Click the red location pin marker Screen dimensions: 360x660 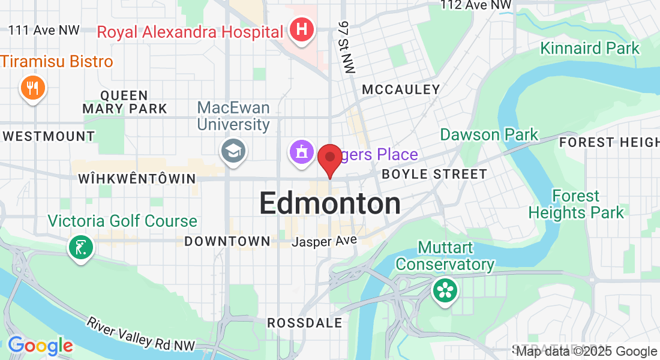click(329, 158)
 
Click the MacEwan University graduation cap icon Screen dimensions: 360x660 click(233, 151)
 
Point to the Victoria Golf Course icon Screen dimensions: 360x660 click(80, 247)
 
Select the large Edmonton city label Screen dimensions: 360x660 click(330, 204)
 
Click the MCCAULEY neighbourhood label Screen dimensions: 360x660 click(401, 90)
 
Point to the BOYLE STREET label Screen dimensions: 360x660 click(434, 175)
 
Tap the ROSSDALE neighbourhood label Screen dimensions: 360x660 click(305, 323)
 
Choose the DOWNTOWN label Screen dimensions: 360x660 click(227, 241)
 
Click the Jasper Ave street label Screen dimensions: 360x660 click(324, 241)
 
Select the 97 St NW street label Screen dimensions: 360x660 click(346, 47)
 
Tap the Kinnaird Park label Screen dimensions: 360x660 click(590, 48)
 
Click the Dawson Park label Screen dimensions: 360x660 click(489, 134)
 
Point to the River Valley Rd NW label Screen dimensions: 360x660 click(141, 333)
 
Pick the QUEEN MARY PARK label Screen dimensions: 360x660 click(125, 102)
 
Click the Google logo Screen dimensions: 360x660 click(40, 346)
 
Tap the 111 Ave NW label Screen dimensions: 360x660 click(44, 30)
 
